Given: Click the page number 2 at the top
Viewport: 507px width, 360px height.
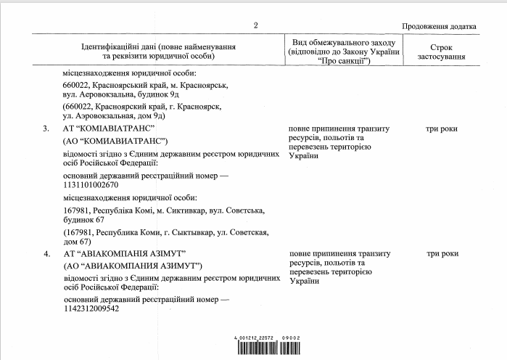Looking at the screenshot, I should (x=255, y=27).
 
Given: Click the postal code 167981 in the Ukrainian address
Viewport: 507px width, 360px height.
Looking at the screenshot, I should (x=76, y=210).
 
